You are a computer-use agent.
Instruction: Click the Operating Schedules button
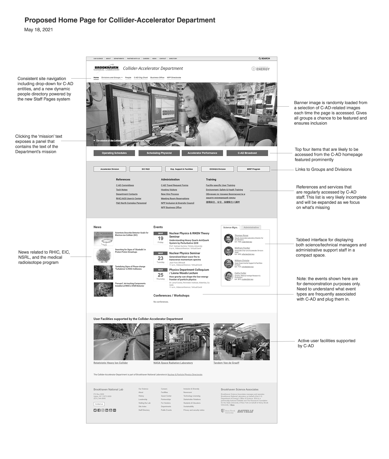(114, 153)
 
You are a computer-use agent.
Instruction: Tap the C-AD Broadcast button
(247, 153)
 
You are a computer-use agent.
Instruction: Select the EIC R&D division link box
(145, 169)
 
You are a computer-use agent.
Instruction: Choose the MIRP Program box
(253, 169)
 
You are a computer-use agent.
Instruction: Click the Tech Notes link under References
(122, 190)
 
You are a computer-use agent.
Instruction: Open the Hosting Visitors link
(169, 190)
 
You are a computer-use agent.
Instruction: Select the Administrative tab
(251, 227)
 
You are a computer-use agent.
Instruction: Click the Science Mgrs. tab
(230, 227)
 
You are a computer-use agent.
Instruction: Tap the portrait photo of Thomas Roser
(228, 239)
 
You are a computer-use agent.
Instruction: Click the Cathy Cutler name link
(240, 273)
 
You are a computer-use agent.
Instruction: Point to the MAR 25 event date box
(160, 275)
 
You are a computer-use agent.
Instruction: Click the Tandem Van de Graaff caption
(226, 363)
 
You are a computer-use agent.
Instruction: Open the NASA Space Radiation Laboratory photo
(181, 342)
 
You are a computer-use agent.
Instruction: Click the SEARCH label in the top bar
(264, 58)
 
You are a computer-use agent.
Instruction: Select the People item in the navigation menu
(128, 78)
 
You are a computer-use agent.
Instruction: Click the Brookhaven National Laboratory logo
(107, 68)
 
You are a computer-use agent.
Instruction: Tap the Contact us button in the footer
(99, 404)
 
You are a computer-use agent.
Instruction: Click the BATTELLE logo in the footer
(245, 411)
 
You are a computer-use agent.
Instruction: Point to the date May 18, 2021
(39, 30)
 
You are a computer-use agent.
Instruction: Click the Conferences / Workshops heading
(171, 296)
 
